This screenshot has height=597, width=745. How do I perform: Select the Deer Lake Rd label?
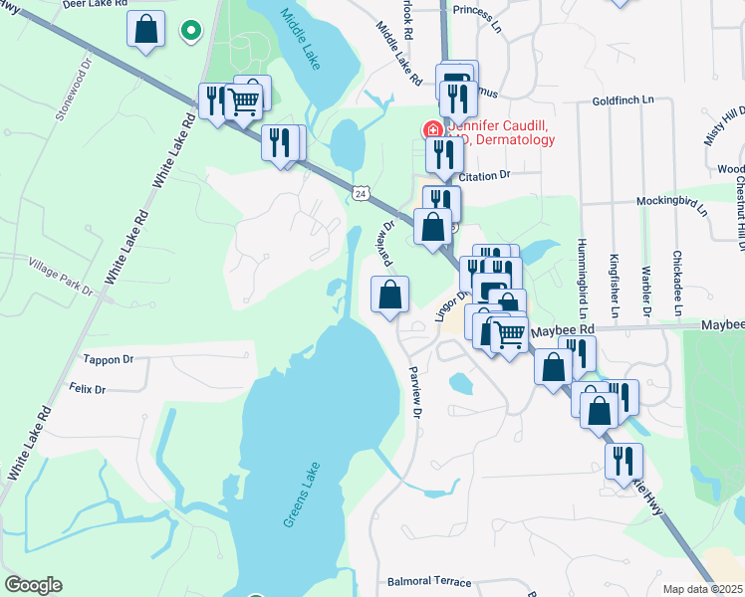[x=96, y=5]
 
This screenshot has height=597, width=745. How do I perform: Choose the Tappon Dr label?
[x=109, y=359]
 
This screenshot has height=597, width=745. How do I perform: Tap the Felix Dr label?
[x=88, y=388]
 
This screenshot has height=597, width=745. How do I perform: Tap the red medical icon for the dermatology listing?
[x=433, y=129]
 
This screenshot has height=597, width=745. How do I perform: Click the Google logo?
[x=33, y=585]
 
